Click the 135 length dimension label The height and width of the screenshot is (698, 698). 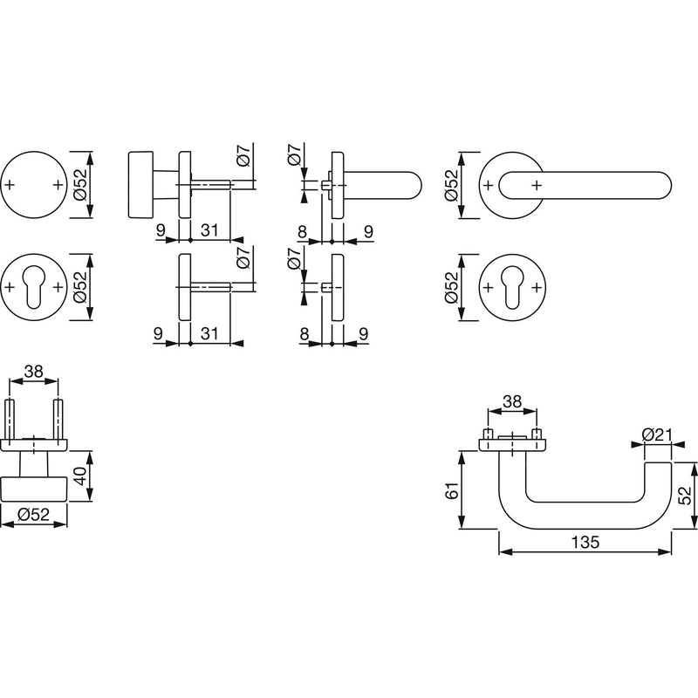pos(585,542)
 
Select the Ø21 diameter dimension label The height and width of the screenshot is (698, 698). pos(657,435)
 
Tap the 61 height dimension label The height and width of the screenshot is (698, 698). pos(451,490)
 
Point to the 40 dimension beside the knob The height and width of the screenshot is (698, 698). pos(80,476)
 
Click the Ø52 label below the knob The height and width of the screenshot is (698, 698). pos(33,515)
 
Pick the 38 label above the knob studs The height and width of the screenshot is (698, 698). pos(34,371)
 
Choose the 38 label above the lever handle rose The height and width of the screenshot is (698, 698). pos(512,401)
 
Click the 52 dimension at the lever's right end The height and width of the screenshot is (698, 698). pos(687,495)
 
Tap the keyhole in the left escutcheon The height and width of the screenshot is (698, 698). pos(34,287)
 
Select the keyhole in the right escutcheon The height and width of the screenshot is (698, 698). pos(512,287)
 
